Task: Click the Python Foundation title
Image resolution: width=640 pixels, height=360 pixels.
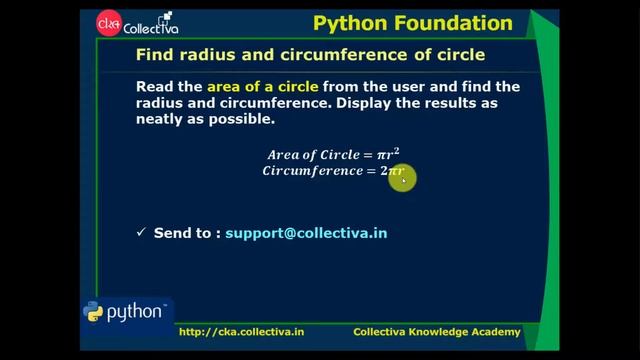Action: [x=412, y=23]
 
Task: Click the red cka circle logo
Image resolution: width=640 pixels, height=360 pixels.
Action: [x=108, y=22]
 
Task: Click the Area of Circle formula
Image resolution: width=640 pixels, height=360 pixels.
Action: [x=333, y=154]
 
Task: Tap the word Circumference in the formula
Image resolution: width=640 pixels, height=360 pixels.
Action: [x=318, y=171]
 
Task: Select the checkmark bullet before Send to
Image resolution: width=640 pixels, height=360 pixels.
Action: [x=141, y=233]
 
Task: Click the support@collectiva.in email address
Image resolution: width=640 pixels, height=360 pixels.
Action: [x=306, y=233]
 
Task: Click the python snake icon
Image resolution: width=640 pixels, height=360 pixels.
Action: [x=94, y=313]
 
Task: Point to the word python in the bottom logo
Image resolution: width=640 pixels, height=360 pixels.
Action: [x=136, y=312]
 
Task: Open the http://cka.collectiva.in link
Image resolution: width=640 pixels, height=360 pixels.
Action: [x=241, y=332]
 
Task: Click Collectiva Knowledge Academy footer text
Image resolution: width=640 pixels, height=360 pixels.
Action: [x=437, y=332]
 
